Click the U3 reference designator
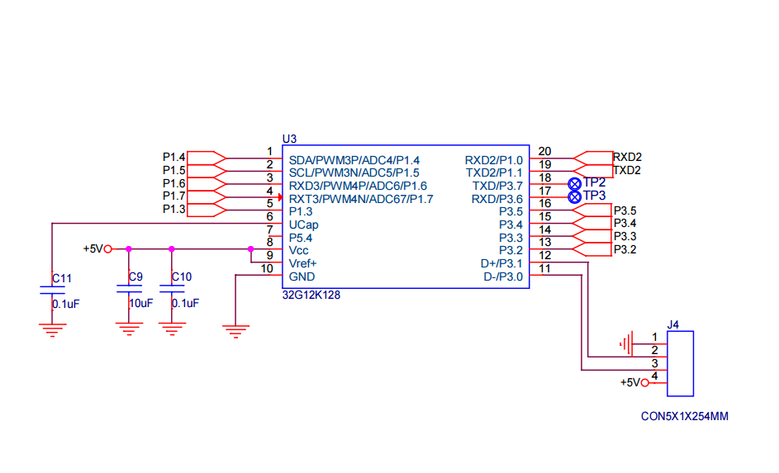click(289, 139)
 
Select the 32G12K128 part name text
click(311, 294)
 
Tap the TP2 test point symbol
click(575, 182)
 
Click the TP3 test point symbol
click(575, 196)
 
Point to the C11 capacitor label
click(62, 278)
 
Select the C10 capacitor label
click(182, 277)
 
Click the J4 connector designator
click(673, 325)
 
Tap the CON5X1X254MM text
click(685, 416)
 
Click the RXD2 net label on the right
click(628, 157)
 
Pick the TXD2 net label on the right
click(628, 170)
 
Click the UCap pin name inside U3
click(304, 225)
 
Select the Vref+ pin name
click(303, 263)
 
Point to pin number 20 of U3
click(544, 151)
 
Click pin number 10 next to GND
click(267, 268)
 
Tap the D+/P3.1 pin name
click(501, 263)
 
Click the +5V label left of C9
click(93, 248)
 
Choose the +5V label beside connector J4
click(630, 382)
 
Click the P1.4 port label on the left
click(174, 157)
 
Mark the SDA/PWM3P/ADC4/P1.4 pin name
click(354, 160)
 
